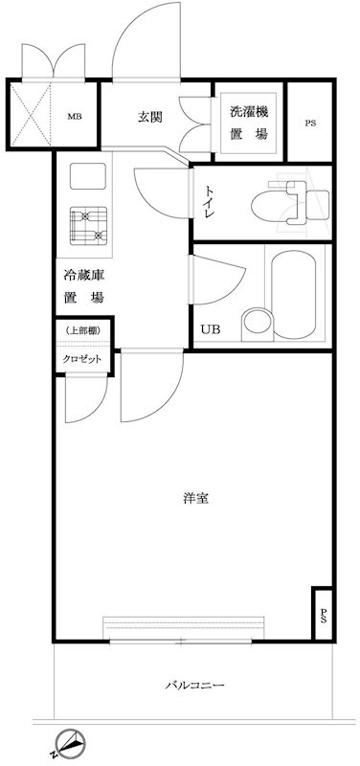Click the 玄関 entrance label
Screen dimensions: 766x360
pos(148,117)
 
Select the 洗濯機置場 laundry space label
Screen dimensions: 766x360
pos(249,124)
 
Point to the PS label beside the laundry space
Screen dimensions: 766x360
pos(309,124)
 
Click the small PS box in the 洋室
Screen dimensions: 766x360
pos(323,614)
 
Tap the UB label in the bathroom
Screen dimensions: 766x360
pos(209,330)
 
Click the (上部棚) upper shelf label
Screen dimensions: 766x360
pos(83,331)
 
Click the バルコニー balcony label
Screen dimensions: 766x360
pos(194,686)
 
